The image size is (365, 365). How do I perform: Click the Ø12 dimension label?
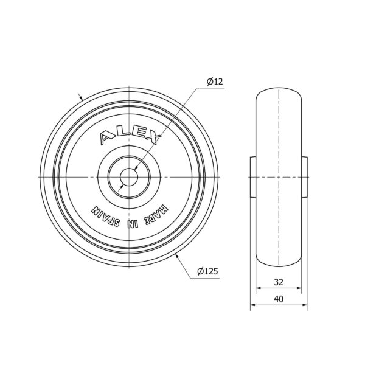pos(215,82)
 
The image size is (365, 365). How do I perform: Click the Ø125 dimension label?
pos(207,271)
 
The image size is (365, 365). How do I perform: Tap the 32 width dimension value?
pos(279,282)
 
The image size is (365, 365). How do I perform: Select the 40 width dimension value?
pos(279,299)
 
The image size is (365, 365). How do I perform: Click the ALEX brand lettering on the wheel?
pos(130,137)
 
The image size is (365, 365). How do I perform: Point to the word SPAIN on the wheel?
pos(106,217)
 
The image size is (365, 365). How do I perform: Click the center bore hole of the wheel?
pos(129,178)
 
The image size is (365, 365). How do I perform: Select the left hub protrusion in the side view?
pos(253,178)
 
